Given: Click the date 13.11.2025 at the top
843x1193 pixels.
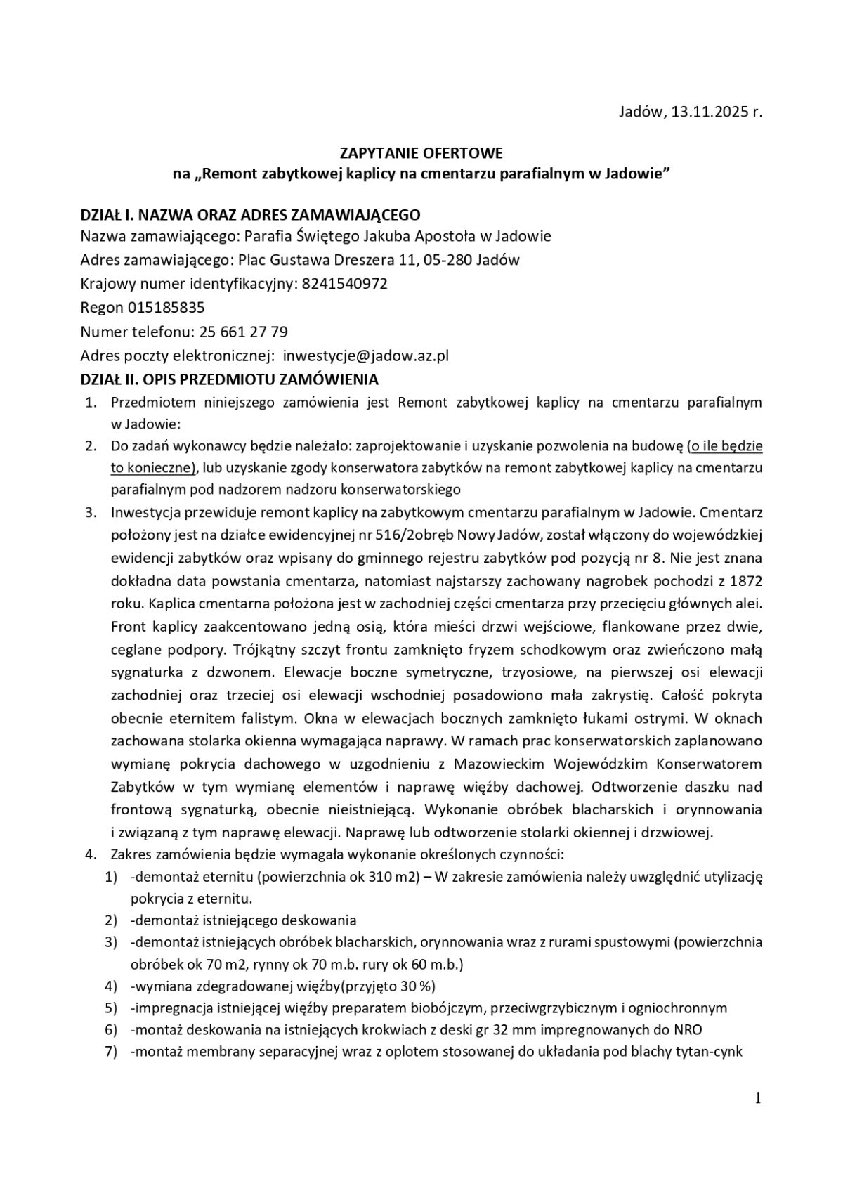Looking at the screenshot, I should pos(705,112).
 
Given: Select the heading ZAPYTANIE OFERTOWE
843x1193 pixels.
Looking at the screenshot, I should pos(421,153).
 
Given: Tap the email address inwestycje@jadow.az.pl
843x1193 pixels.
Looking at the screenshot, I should pos(365,356).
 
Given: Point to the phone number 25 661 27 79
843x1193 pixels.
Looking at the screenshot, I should pos(244,332).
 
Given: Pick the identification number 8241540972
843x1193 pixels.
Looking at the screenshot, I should pos(345,284).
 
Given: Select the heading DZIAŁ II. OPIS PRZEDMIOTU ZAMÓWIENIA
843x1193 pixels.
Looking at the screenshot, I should pos(229,379).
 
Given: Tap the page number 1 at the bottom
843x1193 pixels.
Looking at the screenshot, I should pos(758,1098).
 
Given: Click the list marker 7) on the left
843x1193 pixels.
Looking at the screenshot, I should pos(110,1052).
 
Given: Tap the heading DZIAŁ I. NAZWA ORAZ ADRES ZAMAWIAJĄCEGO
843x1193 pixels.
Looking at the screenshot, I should pos(250,214).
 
